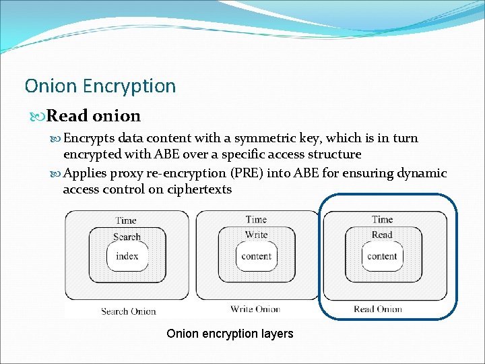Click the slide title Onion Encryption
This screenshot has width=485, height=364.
(x=100, y=86)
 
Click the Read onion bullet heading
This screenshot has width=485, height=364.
(x=93, y=116)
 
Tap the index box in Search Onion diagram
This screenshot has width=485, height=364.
(x=127, y=256)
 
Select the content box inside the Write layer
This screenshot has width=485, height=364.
(x=256, y=256)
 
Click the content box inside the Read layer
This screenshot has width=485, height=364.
(x=382, y=256)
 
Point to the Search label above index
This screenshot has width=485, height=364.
(x=127, y=237)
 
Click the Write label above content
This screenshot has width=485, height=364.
(x=256, y=235)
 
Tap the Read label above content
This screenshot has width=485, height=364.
(x=382, y=235)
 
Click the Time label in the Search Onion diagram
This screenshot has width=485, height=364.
(x=126, y=220)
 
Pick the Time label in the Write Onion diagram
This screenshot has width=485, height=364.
(x=256, y=219)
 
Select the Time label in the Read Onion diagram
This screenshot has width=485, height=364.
(x=382, y=219)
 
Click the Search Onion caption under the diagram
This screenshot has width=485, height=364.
(x=128, y=311)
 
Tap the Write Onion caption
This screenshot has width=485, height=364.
(x=255, y=309)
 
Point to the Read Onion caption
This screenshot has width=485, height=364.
(x=378, y=309)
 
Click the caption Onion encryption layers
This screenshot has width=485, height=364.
(x=230, y=334)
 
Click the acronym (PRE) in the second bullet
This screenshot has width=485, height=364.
(x=247, y=173)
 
